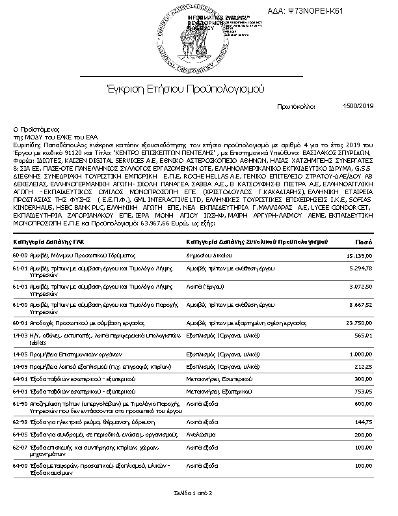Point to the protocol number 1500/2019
tap(358, 106)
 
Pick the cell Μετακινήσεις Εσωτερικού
tap(215, 378)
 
